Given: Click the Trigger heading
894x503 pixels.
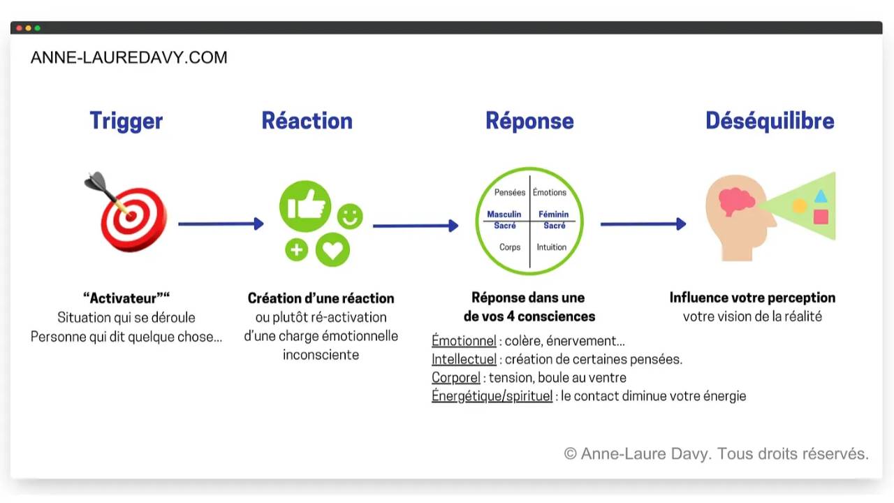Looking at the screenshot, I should [126, 121].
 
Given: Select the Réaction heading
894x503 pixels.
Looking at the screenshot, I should [307, 121].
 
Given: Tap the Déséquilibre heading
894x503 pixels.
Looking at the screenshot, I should [770, 121].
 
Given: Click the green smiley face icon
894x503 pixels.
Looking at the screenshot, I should [350, 217].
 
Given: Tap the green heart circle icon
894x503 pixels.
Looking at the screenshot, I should [332, 250].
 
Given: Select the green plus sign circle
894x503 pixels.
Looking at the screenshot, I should [296, 249].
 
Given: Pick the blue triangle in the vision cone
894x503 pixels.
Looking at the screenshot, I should [821, 196].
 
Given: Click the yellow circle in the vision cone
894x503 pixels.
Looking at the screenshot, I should [799, 206].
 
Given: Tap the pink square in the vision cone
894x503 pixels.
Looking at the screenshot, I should [821, 217].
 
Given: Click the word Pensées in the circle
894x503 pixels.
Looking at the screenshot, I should [510, 193].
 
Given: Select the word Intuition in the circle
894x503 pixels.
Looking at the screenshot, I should [552, 247].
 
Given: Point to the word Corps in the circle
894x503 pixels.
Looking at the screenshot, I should [510, 247].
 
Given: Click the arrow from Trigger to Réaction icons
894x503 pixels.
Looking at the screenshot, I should [221, 224].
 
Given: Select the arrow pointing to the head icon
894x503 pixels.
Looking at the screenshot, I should [643, 224].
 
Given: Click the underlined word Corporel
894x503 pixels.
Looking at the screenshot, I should [456, 378].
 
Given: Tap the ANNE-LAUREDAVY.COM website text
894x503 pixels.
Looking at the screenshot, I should [129, 58].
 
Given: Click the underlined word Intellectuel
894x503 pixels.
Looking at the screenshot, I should [464, 360].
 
